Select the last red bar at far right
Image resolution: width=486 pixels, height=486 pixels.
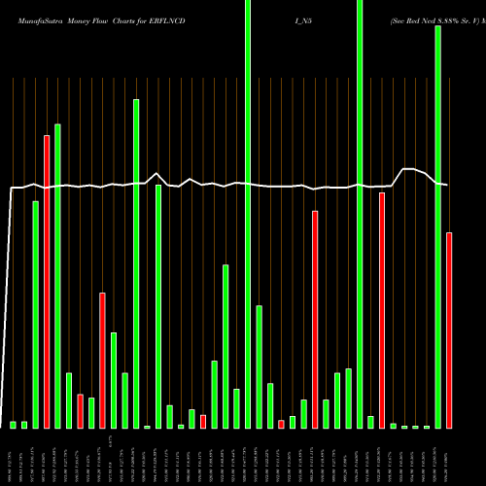(x=449, y=330)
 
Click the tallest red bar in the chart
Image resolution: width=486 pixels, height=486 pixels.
(x=47, y=282)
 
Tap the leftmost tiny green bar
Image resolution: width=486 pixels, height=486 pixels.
(x=14, y=425)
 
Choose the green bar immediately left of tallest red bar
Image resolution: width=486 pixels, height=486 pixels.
(x=36, y=314)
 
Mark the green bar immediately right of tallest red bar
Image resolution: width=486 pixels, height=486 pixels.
(x=58, y=276)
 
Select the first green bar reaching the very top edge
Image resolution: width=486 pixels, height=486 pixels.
(x=248, y=214)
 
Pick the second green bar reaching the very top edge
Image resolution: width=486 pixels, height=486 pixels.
(x=360, y=214)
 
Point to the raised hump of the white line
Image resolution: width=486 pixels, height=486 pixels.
(x=411, y=170)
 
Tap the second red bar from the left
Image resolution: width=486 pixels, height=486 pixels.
(x=81, y=411)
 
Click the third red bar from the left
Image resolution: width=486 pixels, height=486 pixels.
(x=102, y=360)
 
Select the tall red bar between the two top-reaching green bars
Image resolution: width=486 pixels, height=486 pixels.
(x=315, y=319)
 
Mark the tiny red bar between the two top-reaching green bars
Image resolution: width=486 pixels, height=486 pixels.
(x=282, y=424)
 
